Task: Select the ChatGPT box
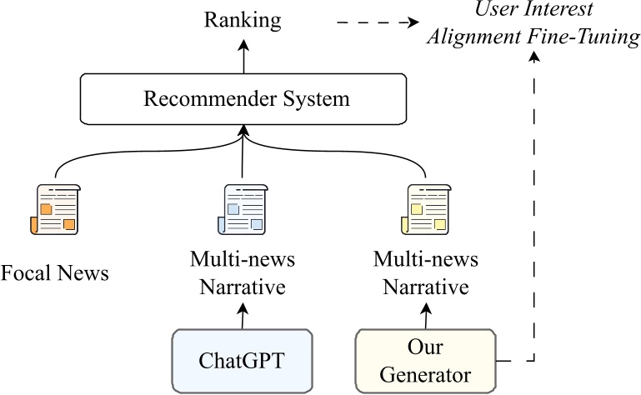pyautogui.click(x=241, y=361)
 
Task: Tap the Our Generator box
pyautogui.click(x=424, y=361)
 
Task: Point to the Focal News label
pyautogui.click(x=55, y=272)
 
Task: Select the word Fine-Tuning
pyautogui.click(x=593, y=38)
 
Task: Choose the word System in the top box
pyautogui.click(x=313, y=99)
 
